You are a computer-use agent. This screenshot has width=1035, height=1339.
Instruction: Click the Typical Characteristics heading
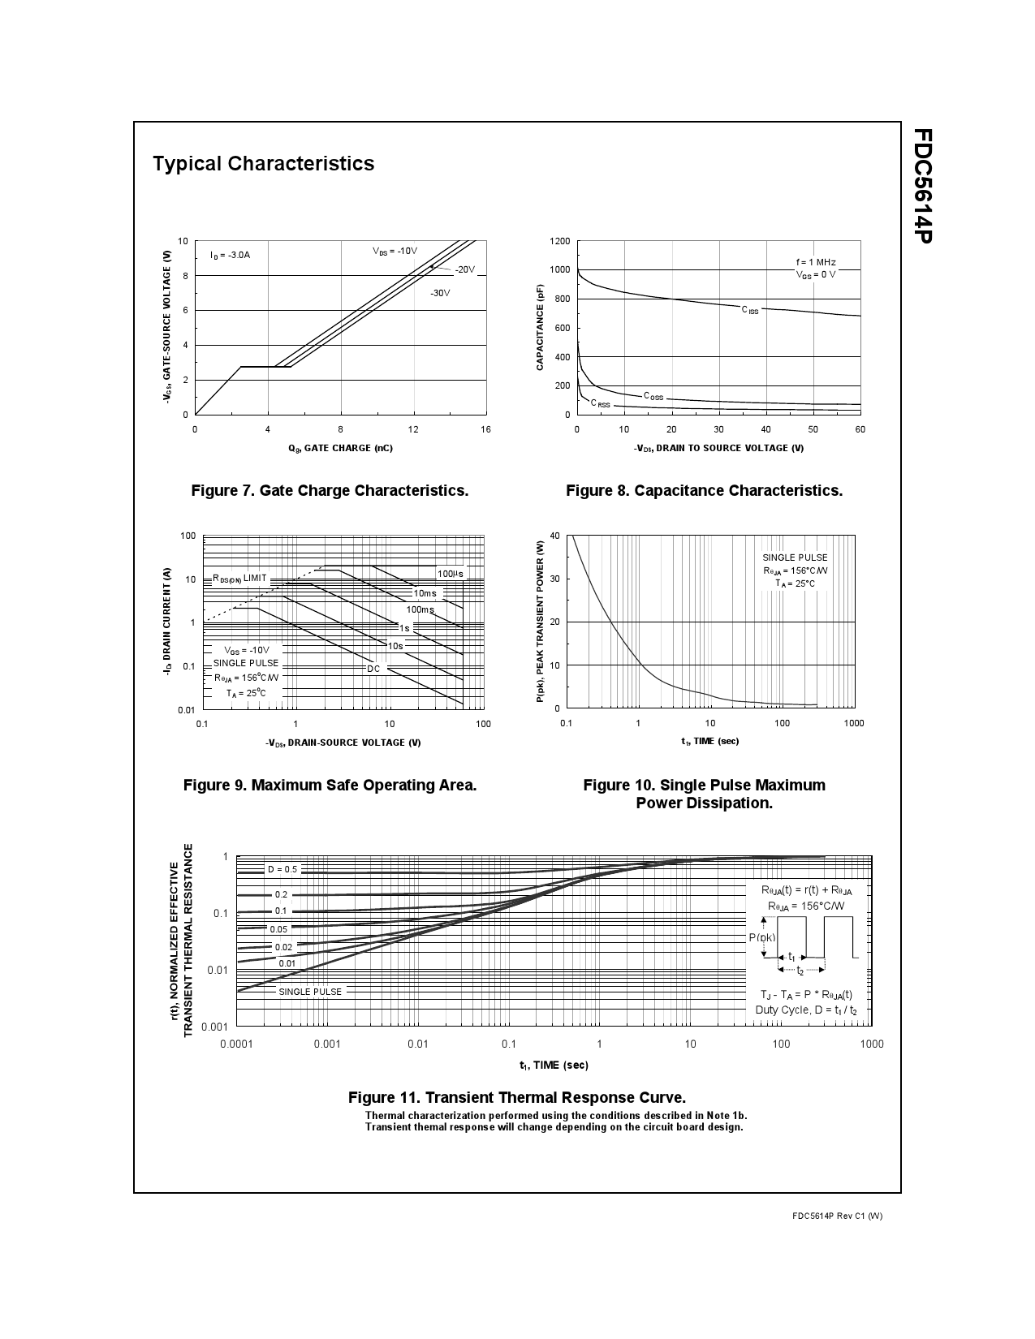click(263, 163)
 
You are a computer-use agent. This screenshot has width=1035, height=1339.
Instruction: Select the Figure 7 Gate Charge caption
click(330, 490)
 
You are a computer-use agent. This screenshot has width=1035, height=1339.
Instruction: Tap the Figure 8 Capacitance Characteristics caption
click(704, 490)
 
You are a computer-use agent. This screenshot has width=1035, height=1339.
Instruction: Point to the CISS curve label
click(750, 310)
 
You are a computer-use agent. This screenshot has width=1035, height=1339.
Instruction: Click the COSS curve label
click(653, 396)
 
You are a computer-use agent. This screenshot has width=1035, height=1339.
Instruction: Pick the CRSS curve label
click(600, 403)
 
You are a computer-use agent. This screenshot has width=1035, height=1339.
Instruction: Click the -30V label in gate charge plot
click(440, 293)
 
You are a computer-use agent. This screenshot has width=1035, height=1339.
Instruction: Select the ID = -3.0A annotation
click(231, 255)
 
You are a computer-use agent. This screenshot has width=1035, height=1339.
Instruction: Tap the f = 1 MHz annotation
click(816, 262)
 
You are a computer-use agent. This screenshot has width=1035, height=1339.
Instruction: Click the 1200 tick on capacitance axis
click(559, 241)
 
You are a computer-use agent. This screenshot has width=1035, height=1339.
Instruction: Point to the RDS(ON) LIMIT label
click(240, 578)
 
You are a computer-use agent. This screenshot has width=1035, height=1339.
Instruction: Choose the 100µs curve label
click(451, 574)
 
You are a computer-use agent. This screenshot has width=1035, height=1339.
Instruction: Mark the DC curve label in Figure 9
click(373, 669)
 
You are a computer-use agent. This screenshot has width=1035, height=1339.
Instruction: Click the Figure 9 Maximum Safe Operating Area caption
click(330, 785)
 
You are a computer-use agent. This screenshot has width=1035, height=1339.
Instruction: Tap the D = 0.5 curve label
click(282, 869)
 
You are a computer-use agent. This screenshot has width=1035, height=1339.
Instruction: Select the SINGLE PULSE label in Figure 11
click(310, 991)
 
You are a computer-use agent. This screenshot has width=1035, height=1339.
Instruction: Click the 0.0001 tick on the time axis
click(236, 1044)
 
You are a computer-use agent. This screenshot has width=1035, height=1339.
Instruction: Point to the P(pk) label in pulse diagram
click(761, 937)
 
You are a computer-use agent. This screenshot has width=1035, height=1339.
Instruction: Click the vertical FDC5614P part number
click(921, 186)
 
